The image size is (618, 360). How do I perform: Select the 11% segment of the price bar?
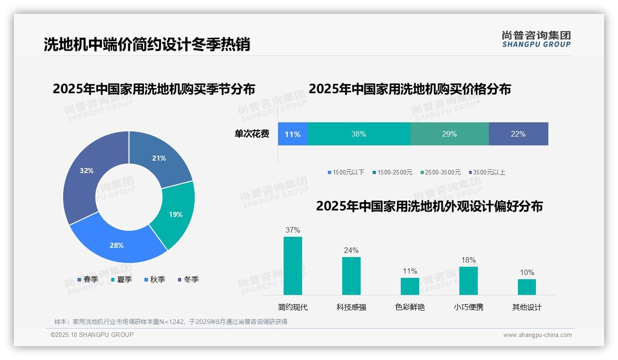coord(292,134)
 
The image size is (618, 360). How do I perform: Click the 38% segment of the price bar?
coord(358,134)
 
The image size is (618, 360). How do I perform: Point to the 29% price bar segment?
coord(449,134)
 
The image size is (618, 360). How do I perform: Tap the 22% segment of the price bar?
coord(518,134)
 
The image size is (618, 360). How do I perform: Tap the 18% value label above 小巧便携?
coord(469,260)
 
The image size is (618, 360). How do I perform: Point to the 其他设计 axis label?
coord(527,307)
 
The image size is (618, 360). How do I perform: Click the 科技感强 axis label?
coord(351,307)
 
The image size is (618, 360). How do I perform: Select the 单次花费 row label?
coord(252,134)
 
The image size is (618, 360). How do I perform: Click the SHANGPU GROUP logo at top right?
coord(536,39)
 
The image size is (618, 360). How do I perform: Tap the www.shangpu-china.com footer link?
coord(537,335)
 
